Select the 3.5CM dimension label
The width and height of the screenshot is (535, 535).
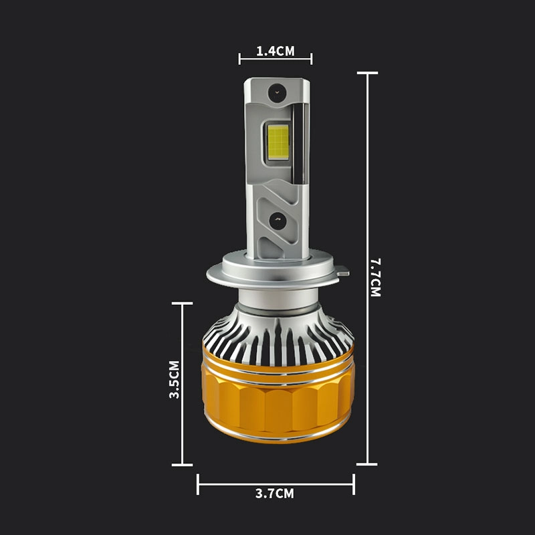[174, 380]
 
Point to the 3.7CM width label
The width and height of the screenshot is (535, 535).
[274, 494]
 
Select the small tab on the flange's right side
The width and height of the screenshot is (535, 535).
[343, 272]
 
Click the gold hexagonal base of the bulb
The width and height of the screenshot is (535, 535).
[278, 408]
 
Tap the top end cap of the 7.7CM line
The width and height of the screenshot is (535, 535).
[367, 73]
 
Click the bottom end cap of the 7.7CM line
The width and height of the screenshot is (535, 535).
[367, 463]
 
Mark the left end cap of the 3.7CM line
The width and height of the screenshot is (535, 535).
[198, 484]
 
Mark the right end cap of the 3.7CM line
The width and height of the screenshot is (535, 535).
[354, 484]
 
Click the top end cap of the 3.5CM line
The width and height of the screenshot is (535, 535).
[182, 304]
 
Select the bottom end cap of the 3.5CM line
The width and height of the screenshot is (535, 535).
[182, 464]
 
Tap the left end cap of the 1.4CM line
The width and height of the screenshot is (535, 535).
[239, 59]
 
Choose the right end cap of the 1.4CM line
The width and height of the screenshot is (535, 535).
[311, 59]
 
